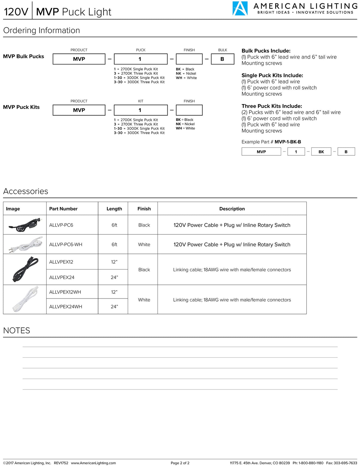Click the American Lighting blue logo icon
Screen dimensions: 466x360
click(x=240, y=8)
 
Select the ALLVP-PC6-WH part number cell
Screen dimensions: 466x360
click(x=66, y=245)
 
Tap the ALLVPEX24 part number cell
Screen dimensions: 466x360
click(x=62, y=277)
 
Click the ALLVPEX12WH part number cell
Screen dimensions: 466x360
click(x=65, y=292)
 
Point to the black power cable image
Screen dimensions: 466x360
click(x=25, y=225)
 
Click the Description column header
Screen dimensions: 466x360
click(x=232, y=209)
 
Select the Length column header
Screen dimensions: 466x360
click(x=114, y=209)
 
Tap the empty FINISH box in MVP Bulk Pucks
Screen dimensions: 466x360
click(x=189, y=59)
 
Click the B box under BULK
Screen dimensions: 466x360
click(x=222, y=59)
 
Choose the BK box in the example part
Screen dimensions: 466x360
click(x=321, y=152)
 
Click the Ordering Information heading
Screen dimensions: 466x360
click(x=41, y=31)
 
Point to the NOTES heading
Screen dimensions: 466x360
click(x=16, y=331)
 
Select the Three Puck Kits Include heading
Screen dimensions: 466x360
click(x=272, y=106)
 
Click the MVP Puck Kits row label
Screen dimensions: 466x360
click(x=21, y=107)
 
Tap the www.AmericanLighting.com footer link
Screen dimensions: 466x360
click(x=93, y=463)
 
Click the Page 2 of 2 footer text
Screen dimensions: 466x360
click(x=180, y=463)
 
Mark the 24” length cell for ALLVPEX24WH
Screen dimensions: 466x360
click(x=114, y=307)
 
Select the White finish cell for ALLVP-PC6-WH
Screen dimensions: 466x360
click(x=144, y=245)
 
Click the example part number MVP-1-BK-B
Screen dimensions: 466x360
click(x=288, y=142)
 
